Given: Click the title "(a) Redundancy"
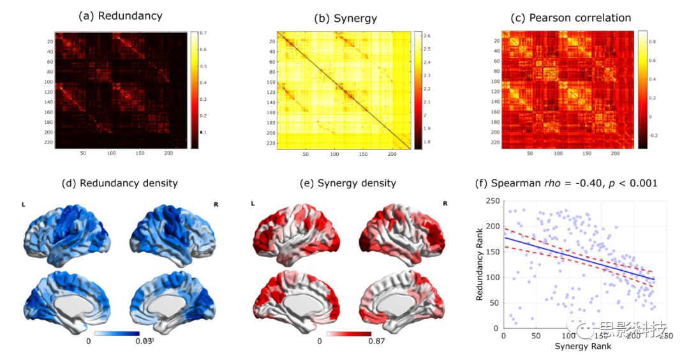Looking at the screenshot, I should click(120, 16).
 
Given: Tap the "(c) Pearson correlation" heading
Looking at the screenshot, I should click(572, 17).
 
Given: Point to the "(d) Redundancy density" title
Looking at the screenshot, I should click(119, 183).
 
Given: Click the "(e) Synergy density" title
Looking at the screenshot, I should click(348, 183).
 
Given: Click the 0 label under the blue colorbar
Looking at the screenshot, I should click(89, 341).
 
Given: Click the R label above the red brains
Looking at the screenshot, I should click(445, 204).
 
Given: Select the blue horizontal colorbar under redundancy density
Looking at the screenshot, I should click(116, 333).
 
